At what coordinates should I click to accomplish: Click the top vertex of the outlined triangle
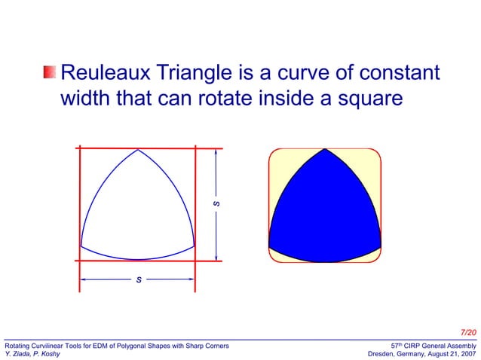[x=138, y=149]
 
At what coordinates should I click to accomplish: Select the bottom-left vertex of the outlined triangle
[x=80, y=246]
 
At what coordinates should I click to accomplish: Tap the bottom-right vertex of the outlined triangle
[x=195, y=246]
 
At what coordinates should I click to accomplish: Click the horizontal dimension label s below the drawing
[x=138, y=279]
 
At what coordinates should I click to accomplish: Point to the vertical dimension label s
[x=216, y=204]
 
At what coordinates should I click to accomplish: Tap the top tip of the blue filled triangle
[x=325, y=150]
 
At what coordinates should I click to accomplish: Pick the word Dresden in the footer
[x=381, y=354]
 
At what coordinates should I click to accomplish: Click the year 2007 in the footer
[x=467, y=354]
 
